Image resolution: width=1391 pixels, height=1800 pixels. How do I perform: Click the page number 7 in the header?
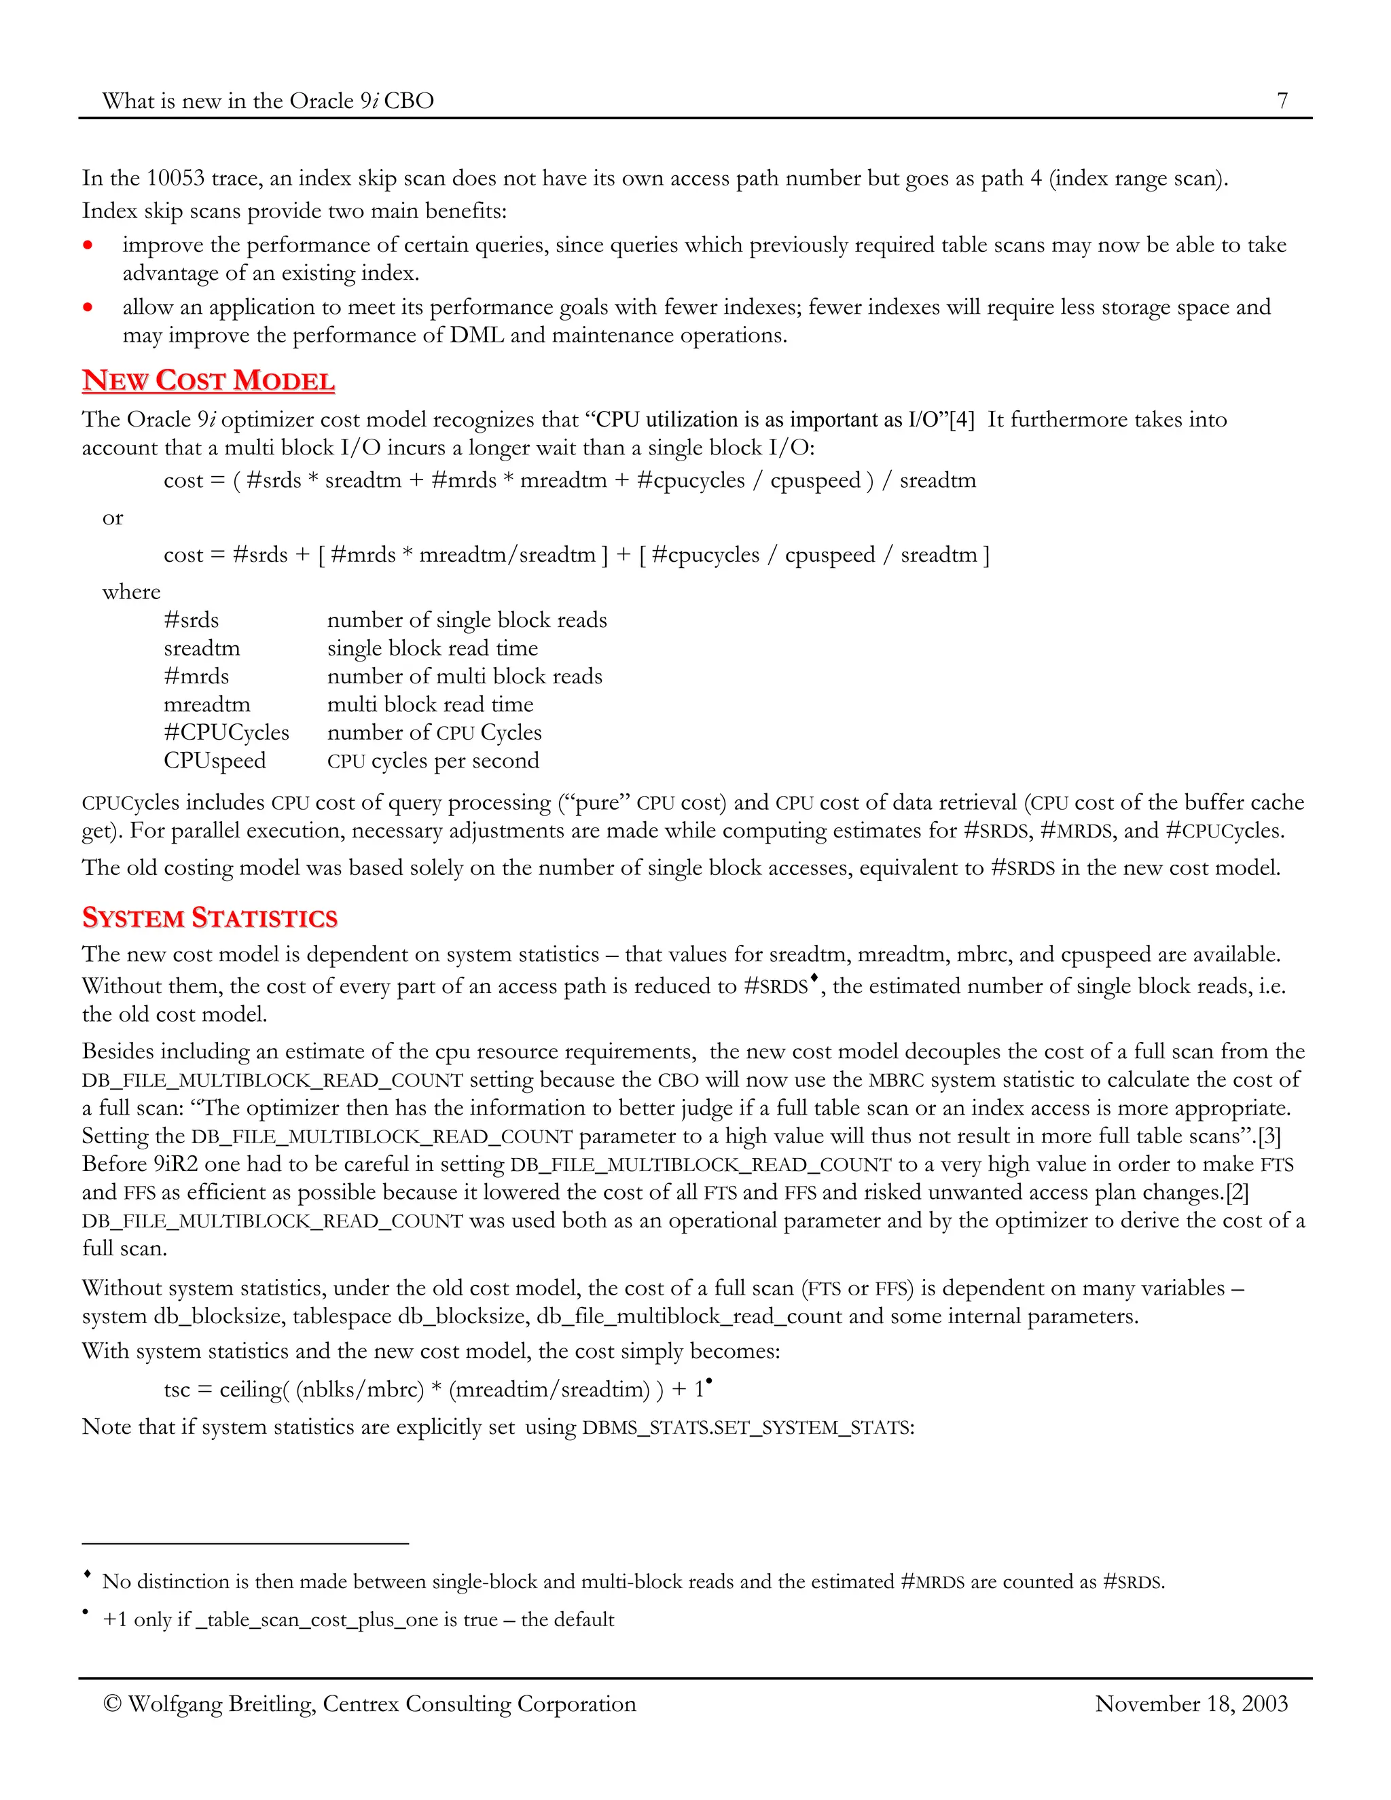pos(1282,101)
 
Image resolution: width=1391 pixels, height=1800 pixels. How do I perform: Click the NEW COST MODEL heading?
pos(209,381)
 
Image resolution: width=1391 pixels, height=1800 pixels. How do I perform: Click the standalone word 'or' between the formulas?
pos(113,518)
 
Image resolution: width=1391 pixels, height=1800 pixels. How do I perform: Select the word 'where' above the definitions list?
pos(131,592)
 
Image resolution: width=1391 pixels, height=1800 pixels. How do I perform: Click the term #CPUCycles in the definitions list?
pos(227,733)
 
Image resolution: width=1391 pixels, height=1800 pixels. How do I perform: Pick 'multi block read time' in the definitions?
pos(430,704)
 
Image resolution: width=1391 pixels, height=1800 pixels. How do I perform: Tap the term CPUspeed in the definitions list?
pos(215,761)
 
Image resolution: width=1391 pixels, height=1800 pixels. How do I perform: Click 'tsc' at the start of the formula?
pos(177,1390)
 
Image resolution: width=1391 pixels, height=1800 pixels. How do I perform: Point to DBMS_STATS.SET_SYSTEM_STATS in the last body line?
pos(747,1428)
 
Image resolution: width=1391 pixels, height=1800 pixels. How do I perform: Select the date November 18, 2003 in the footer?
pos(1191,1704)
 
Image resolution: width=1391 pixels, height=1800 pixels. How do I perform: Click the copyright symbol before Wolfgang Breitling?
pos(112,1704)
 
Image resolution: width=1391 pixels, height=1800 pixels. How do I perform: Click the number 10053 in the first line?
pos(175,179)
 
